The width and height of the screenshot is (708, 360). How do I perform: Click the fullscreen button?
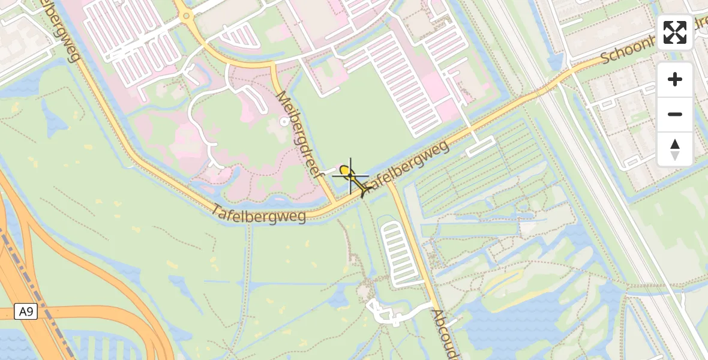pos(675,32)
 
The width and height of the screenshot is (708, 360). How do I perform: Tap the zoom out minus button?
pos(675,114)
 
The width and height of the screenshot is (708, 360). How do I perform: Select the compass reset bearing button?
pos(675,149)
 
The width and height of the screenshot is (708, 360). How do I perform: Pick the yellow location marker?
pos(344,171)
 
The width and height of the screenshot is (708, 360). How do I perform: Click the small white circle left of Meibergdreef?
pos(284,122)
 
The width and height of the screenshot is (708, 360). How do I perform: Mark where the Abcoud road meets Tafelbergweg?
pos(389,183)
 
